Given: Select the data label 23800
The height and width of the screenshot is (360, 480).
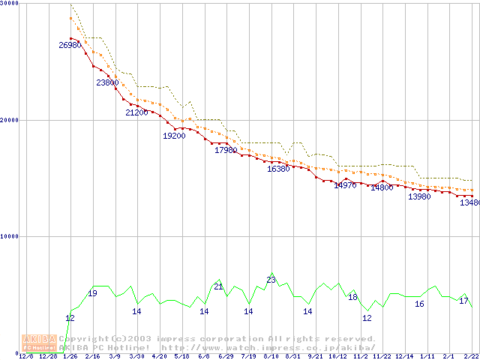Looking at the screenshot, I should [x=107, y=82].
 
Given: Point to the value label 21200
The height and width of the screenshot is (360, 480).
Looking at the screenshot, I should [x=136, y=112].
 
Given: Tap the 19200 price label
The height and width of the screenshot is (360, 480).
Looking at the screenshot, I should [x=174, y=136].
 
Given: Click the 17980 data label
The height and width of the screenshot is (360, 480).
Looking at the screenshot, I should [x=226, y=150].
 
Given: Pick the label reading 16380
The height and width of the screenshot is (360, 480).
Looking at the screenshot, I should [x=278, y=169].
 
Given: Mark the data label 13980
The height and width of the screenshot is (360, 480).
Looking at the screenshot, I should [x=419, y=196].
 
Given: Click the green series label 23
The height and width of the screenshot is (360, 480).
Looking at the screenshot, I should [x=271, y=280].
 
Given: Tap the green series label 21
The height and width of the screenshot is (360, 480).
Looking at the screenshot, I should [x=219, y=286].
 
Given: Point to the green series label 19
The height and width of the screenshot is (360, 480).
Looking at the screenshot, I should [x=92, y=293].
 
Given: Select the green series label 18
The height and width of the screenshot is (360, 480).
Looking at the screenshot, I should [x=352, y=297].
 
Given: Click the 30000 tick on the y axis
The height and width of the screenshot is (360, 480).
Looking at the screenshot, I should [x=10, y=4].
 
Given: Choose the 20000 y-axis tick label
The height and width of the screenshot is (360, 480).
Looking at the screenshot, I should [x=10, y=119].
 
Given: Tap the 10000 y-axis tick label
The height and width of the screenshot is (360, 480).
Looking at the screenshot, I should [x=10, y=236].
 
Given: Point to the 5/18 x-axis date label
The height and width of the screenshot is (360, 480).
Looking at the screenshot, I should [x=181, y=356].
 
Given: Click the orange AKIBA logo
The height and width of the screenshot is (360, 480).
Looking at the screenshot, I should [x=39, y=343].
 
